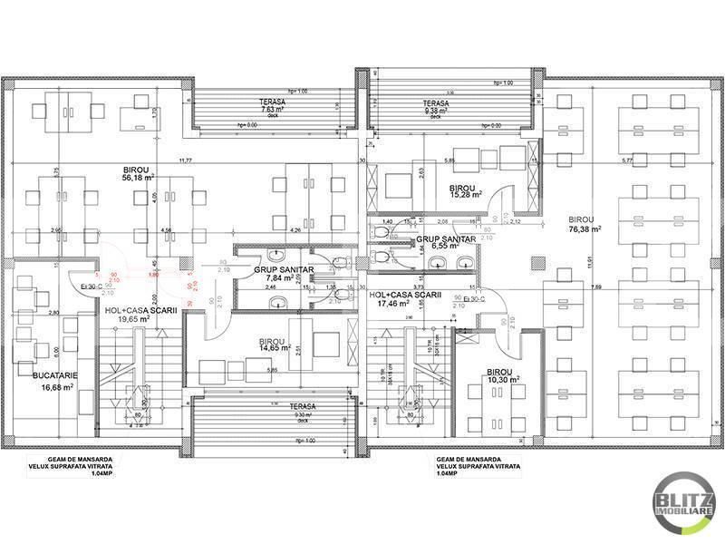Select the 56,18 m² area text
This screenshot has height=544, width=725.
139,179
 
